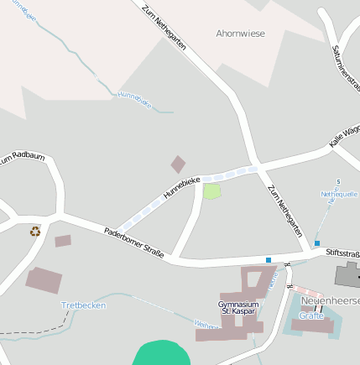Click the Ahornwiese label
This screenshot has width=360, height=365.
(x=240, y=34)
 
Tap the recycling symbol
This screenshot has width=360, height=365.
(x=35, y=231)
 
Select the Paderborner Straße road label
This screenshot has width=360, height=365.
(x=134, y=242)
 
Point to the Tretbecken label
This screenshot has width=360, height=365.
(x=84, y=305)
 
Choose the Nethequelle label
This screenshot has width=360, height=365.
(x=339, y=194)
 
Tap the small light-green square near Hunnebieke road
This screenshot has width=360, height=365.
(x=212, y=191)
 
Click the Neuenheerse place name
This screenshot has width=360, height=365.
(x=331, y=300)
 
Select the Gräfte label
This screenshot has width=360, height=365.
(x=311, y=315)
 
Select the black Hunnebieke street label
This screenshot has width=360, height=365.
(x=181, y=186)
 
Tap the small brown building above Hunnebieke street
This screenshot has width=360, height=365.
(x=178, y=164)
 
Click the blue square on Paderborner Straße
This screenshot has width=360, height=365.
(x=269, y=260)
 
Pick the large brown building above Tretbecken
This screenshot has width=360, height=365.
(x=42, y=279)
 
